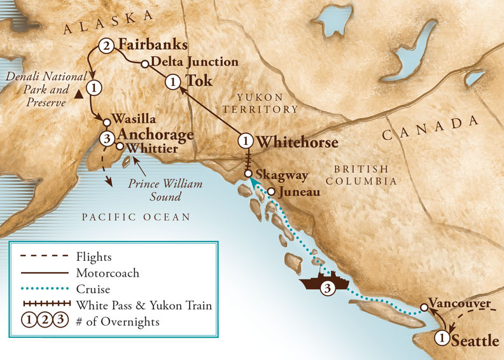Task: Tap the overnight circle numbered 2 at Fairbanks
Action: click(x=106, y=46)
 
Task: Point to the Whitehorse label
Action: click(x=297, y=142)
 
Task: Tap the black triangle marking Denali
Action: click(x=77, y=94)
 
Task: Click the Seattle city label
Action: click(x=475, y=341)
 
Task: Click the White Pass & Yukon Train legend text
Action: click(x=152, y=306)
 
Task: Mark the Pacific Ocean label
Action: click(x=136, y=218)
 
